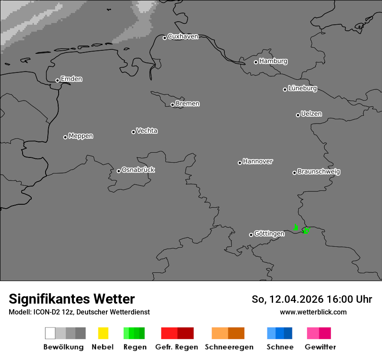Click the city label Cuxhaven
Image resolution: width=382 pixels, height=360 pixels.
point(183,36)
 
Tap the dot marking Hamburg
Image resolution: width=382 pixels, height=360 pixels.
point(256,62)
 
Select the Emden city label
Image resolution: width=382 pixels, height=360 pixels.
point(71,79)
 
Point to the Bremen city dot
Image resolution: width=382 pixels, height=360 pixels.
point(172,105)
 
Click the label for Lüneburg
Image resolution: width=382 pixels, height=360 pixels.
point(302,88)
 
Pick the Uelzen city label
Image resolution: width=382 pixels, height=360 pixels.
point(311,114)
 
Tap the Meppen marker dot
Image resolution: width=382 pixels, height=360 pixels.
point(65,137)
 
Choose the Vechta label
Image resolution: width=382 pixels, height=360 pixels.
point(147,131)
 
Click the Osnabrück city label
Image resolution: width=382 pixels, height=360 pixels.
point(138,170)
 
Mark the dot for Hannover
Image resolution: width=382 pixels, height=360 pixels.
point(240,163)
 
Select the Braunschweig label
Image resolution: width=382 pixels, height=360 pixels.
point(319,171)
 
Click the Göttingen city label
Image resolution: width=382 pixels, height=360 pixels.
point(269,233)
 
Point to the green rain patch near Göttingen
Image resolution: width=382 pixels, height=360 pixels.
point(306,230)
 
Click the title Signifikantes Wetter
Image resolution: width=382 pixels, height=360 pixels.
point(72,299)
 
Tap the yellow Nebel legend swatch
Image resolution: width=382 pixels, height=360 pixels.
point(103,333)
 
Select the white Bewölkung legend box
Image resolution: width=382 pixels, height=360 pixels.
point(50,333)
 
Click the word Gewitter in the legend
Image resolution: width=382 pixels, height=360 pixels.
point(320,347)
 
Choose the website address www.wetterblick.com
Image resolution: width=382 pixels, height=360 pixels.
point(313,312)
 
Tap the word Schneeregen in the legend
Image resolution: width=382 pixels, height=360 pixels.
point(229,347)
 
